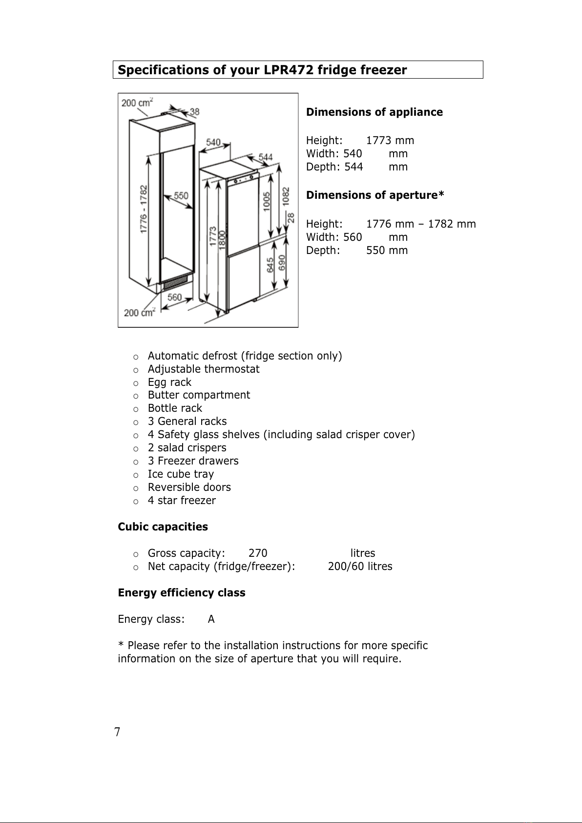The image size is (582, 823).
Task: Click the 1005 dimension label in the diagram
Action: (267, 201)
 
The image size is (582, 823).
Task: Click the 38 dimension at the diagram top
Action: (194, 112)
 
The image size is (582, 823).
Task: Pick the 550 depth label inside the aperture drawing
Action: (181, 195)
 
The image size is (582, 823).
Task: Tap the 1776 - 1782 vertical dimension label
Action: (144, 209)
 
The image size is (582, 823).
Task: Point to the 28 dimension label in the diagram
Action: (291, 217)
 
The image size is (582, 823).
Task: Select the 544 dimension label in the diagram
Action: (266, 157)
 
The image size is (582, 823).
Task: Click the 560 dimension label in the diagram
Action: (174, 297)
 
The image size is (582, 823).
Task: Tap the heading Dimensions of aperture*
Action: (375, 195)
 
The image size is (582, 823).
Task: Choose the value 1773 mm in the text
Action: (390, 141)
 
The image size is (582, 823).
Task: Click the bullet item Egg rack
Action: (169, 382)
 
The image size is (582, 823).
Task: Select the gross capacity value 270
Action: (258, 553)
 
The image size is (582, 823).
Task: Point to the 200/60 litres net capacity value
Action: (360, 567)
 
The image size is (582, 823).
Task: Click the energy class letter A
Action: (211, 619)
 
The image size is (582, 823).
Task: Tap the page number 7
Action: (117, 732)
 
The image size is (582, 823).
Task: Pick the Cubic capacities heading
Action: (163, 527)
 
